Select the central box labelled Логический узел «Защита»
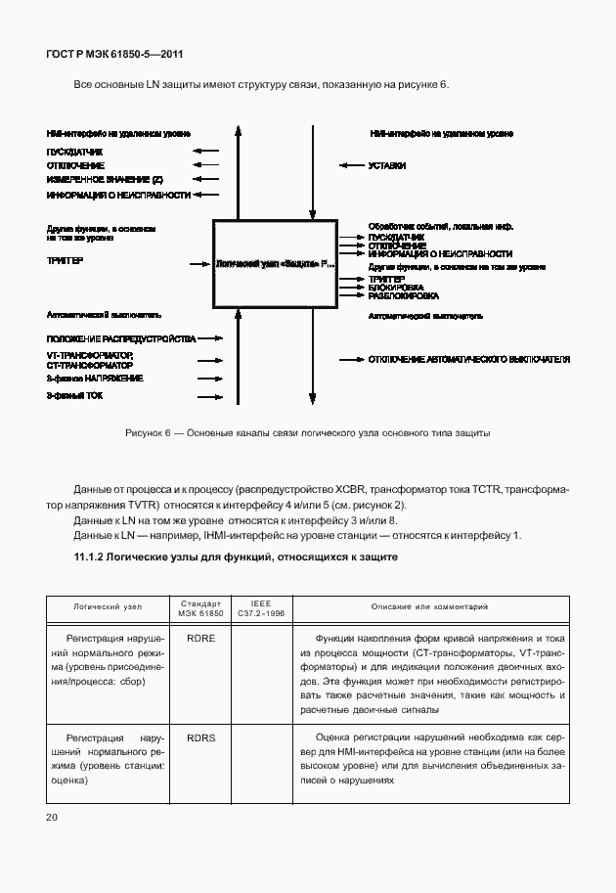pyautogui.click(x=275, y=263)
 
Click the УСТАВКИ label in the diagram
pyautogui.click(x=387, y=166)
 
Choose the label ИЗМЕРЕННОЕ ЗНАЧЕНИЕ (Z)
pyautogui.click(x=105, y=180)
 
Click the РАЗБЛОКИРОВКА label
pyautogui.click(x=403, y=295)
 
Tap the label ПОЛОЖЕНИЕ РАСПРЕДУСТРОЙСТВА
pyautogui.click(x=121, y=338)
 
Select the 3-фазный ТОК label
pyautogui.click(x=74, y=396)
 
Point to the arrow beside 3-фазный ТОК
pyautogui.click(x=208, y=396)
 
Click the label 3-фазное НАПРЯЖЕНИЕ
pyautogui.click(x=95, y=378)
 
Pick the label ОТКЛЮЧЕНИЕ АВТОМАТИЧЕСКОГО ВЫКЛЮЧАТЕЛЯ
pyautogui.click(x=468, y=360)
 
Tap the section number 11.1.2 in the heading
pyautogui.click(x=95, y=557)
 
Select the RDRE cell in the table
pyautogui.click(x=200, y=637)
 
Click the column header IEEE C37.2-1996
pyautogui.click(x=261, y=609)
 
